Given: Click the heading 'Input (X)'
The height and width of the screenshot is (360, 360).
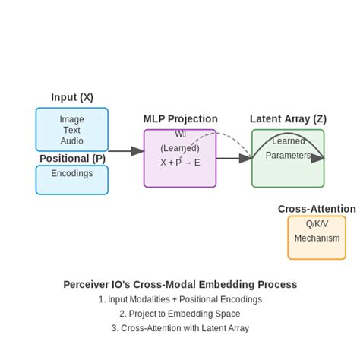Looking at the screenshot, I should pos(72,97).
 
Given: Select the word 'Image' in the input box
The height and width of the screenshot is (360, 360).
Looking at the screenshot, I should pos(72,119).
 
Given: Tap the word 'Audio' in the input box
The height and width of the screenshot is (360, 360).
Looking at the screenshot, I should pos(72,141).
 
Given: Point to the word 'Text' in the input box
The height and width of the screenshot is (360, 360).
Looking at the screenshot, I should pos(72,130).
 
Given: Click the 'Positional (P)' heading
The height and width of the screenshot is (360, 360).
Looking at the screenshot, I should pos(72,158).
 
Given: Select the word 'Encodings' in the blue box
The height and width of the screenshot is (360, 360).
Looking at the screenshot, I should pos(72,173).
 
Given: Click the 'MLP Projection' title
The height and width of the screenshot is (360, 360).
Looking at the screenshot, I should pos(180,118).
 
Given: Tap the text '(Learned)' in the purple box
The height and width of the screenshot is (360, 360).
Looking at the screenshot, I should pos(180,148).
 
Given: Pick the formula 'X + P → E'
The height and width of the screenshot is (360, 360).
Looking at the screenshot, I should pos(180,163).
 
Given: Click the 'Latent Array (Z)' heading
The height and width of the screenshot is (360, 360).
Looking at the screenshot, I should pos(288,118).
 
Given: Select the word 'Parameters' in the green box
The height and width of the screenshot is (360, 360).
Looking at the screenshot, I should pos(288,155).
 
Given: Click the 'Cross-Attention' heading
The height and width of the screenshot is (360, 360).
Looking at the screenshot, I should pos(316,209).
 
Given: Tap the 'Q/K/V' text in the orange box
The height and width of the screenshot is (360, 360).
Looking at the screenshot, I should pos(317,223).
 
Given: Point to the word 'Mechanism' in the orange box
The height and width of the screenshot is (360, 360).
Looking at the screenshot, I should pos(317,238).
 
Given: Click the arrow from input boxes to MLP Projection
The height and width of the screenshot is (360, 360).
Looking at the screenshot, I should pos(125,151).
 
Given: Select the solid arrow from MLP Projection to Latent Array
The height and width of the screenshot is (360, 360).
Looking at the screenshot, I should pos(233,158).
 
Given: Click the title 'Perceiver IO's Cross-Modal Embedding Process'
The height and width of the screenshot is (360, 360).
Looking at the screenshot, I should pos(180,284).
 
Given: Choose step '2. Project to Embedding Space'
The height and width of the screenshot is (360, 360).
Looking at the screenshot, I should pos(180,314).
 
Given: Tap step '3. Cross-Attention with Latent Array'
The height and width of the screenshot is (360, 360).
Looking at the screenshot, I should pos(180,328).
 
